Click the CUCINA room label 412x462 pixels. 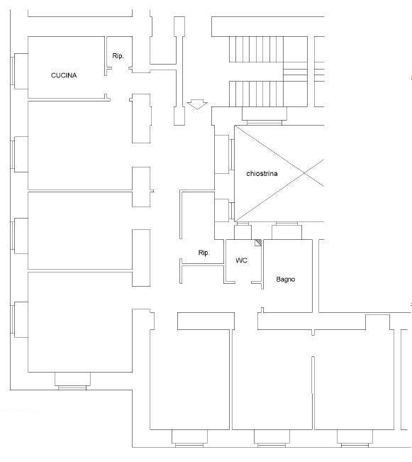point(64,75)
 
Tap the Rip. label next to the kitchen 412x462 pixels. point(118,55)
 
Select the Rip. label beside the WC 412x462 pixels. point(204,253)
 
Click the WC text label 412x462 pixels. point(242,260)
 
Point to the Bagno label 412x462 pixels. point(286,279)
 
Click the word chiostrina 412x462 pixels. point(262,174)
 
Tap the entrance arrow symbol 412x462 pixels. point(197,104)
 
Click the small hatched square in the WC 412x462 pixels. point(258,243)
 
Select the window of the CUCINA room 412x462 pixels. point(19,71)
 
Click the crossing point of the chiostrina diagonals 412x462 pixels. point(304,173)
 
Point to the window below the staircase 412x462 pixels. point(265,116)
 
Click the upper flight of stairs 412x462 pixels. point(256,49)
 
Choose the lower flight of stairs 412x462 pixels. point(256,94)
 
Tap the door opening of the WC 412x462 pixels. point(243,282)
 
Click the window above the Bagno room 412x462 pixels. point(286,231)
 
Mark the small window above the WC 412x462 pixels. point(243,231)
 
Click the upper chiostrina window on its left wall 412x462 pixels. point(224,154)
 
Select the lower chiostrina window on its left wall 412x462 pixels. point(224,210)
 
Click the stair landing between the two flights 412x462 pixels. point(296,71)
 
